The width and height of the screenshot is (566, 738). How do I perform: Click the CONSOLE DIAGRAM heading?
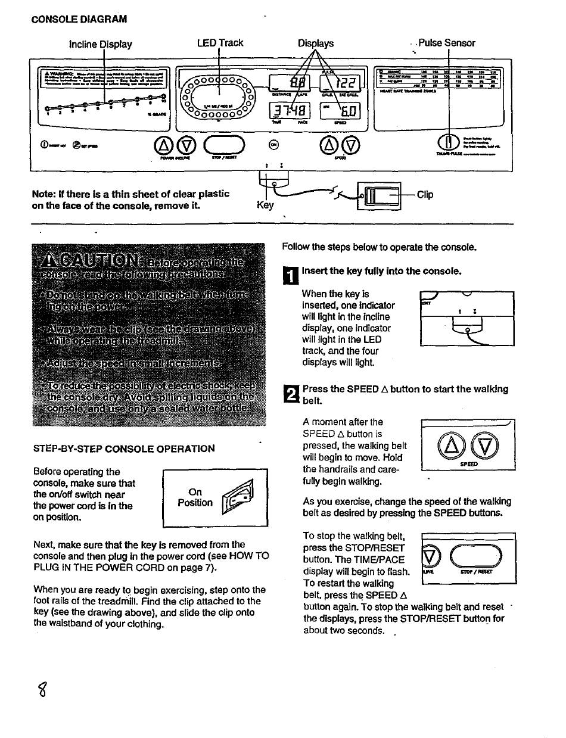click(79, 19)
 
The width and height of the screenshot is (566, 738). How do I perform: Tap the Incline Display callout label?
click(101, 44)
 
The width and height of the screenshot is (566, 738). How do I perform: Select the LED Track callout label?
click(220, 43)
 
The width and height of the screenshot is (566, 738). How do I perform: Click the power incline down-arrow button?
click(186, 144)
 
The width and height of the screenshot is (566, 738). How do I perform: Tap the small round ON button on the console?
click(273, 144)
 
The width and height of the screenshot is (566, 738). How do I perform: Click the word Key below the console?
click(265, 205)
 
